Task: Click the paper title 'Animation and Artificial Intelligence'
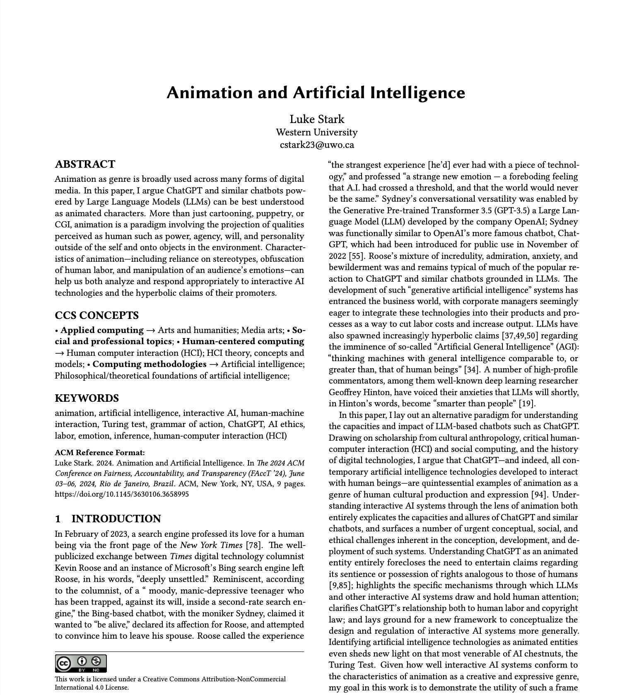[x=316, y=92]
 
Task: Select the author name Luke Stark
[x=316, y=119]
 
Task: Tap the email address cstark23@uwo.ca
[x=316, y=145]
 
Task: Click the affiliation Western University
[x=316, y=133]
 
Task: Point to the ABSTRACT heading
[x=85, y=164]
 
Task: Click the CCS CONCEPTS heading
[x=96, y=316]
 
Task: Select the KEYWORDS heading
[x=87, y=398]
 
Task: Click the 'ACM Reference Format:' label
[x=100, y=453]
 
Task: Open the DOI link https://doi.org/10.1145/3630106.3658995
[x=122, y=494]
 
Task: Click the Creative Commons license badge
[x=81, y=663]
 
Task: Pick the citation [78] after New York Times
[x=254, y=545]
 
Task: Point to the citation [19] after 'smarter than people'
[x=528, y=404]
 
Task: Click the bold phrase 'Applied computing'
[x=102, y=331]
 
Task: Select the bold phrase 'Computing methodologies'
[x=149, y=364]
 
